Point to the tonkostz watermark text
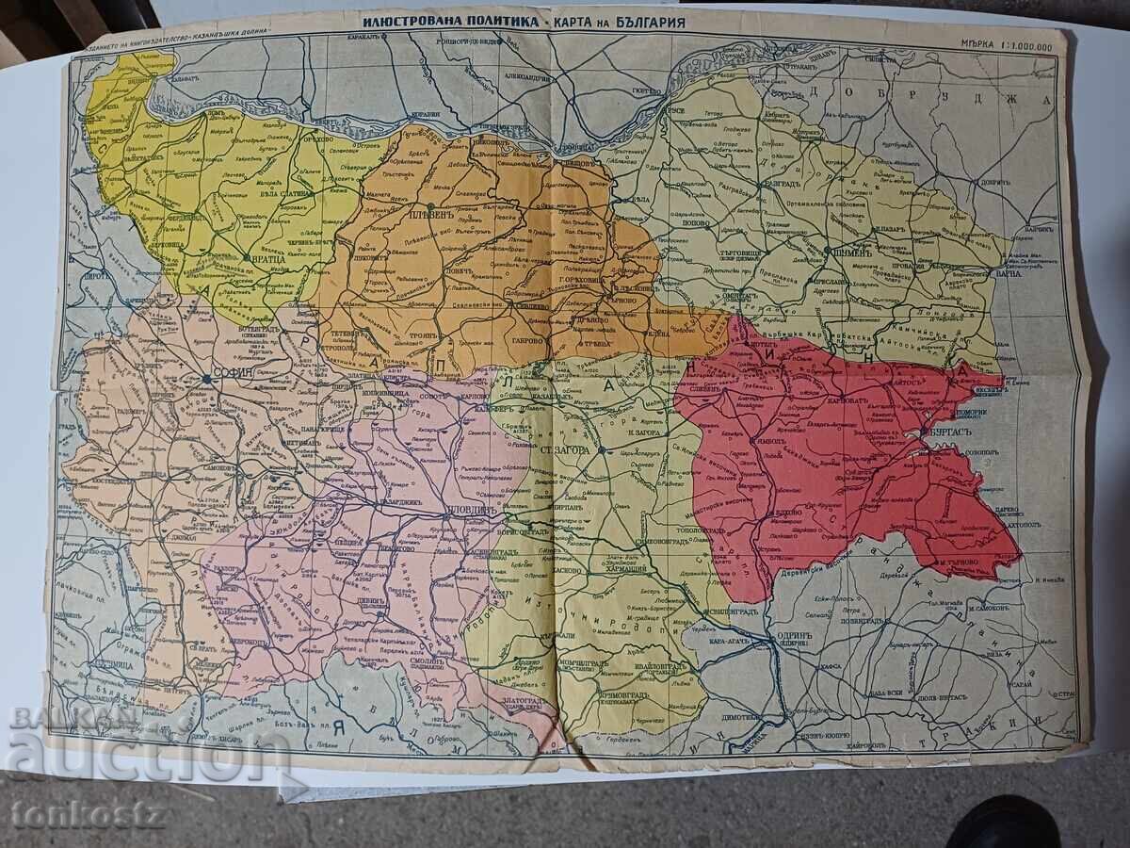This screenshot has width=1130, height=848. [88, 813]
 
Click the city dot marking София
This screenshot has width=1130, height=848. [206, 379]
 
